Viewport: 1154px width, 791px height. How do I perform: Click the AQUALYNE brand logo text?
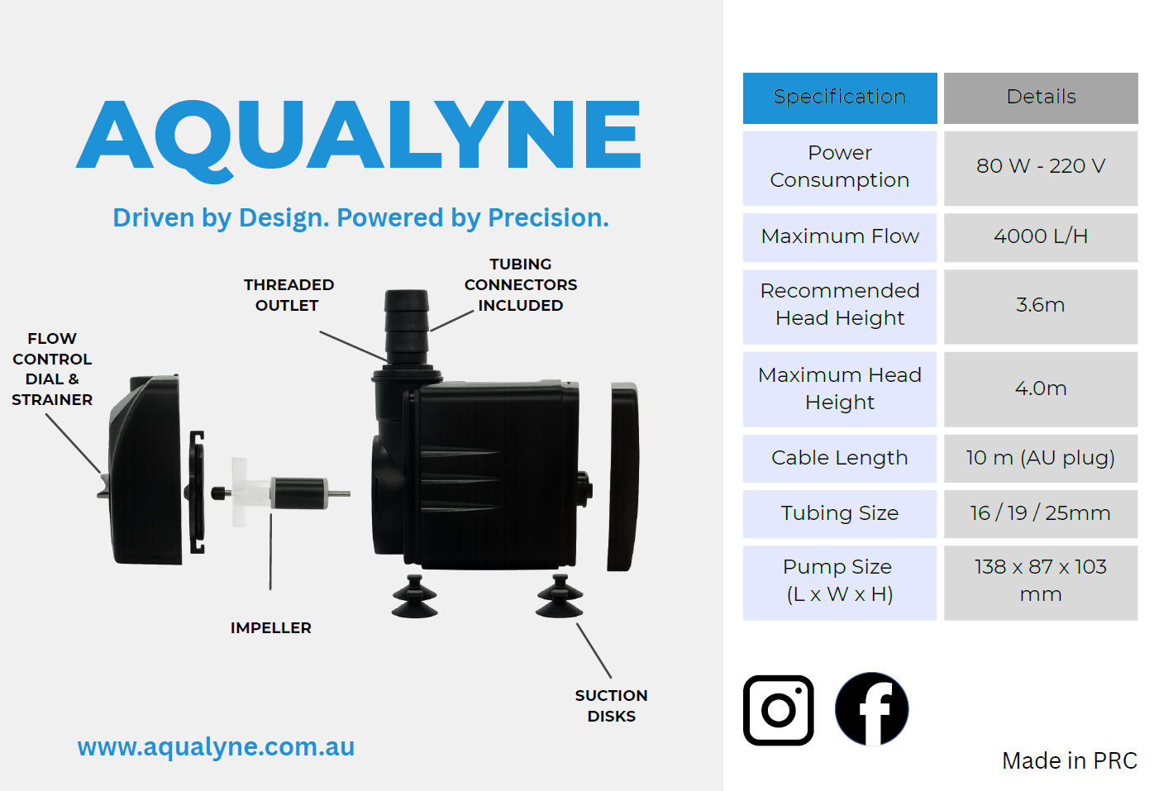pos(359,139)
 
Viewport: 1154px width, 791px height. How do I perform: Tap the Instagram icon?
pos(778,710)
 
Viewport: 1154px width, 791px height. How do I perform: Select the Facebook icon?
pos(871,709)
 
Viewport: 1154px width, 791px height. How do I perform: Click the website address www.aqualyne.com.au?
pos(216,747)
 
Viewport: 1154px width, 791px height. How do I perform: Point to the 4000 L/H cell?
pos(1041,237)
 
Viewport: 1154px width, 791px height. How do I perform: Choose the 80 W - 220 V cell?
pos(1041,168)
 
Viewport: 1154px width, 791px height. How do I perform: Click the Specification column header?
pos(840,98)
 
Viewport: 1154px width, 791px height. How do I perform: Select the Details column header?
pos(1041,98)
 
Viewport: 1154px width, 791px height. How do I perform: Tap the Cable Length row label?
pos(840,459)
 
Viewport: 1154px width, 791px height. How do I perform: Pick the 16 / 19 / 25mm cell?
pos(1041,514)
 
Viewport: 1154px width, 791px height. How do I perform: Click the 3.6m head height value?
pos(1041,307)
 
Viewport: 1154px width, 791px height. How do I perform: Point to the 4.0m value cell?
pos(1041,389)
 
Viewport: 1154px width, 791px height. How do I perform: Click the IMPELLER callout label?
pos(271,628)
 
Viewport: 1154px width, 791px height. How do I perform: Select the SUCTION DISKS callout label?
pos(612,706)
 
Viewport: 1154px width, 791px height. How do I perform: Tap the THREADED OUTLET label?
pos(288,295)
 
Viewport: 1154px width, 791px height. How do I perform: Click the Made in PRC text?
pos(1070,760)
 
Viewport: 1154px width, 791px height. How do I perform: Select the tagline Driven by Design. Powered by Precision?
pos(360,218)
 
